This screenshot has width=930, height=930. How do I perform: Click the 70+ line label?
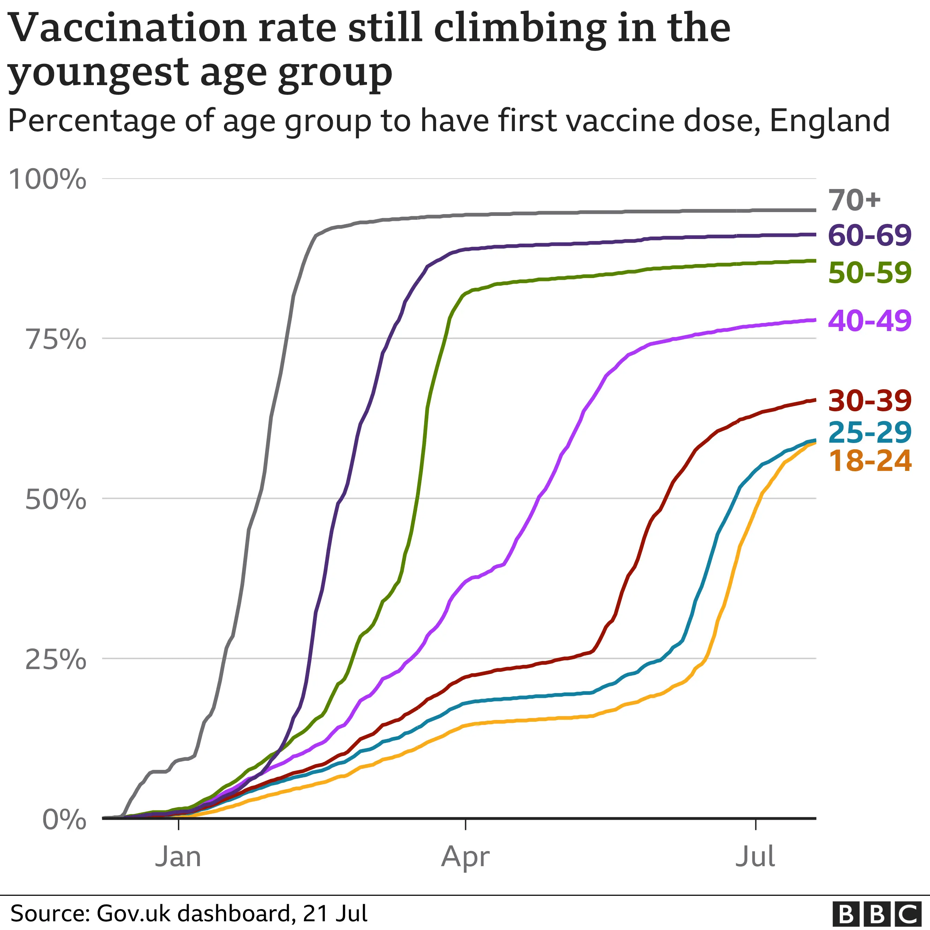[854, 200]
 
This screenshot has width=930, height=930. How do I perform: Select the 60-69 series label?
[869, 235]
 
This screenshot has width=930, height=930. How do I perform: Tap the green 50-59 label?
[869, 273]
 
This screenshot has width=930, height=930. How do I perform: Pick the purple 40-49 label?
[869, 321]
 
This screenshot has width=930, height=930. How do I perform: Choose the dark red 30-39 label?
[869, 400]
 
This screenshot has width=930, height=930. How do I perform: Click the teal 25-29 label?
[869, 432]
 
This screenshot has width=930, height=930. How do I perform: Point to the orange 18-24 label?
[869, 461]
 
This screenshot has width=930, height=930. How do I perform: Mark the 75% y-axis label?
[56, 340]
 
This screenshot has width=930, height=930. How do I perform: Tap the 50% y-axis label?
[56, 500]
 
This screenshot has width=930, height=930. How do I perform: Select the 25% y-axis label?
[56, 659]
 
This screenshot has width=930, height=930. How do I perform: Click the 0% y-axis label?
[64, 820]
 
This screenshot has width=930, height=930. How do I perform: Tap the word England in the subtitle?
[830, 120]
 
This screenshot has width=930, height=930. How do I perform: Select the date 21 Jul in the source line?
[335, 914]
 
